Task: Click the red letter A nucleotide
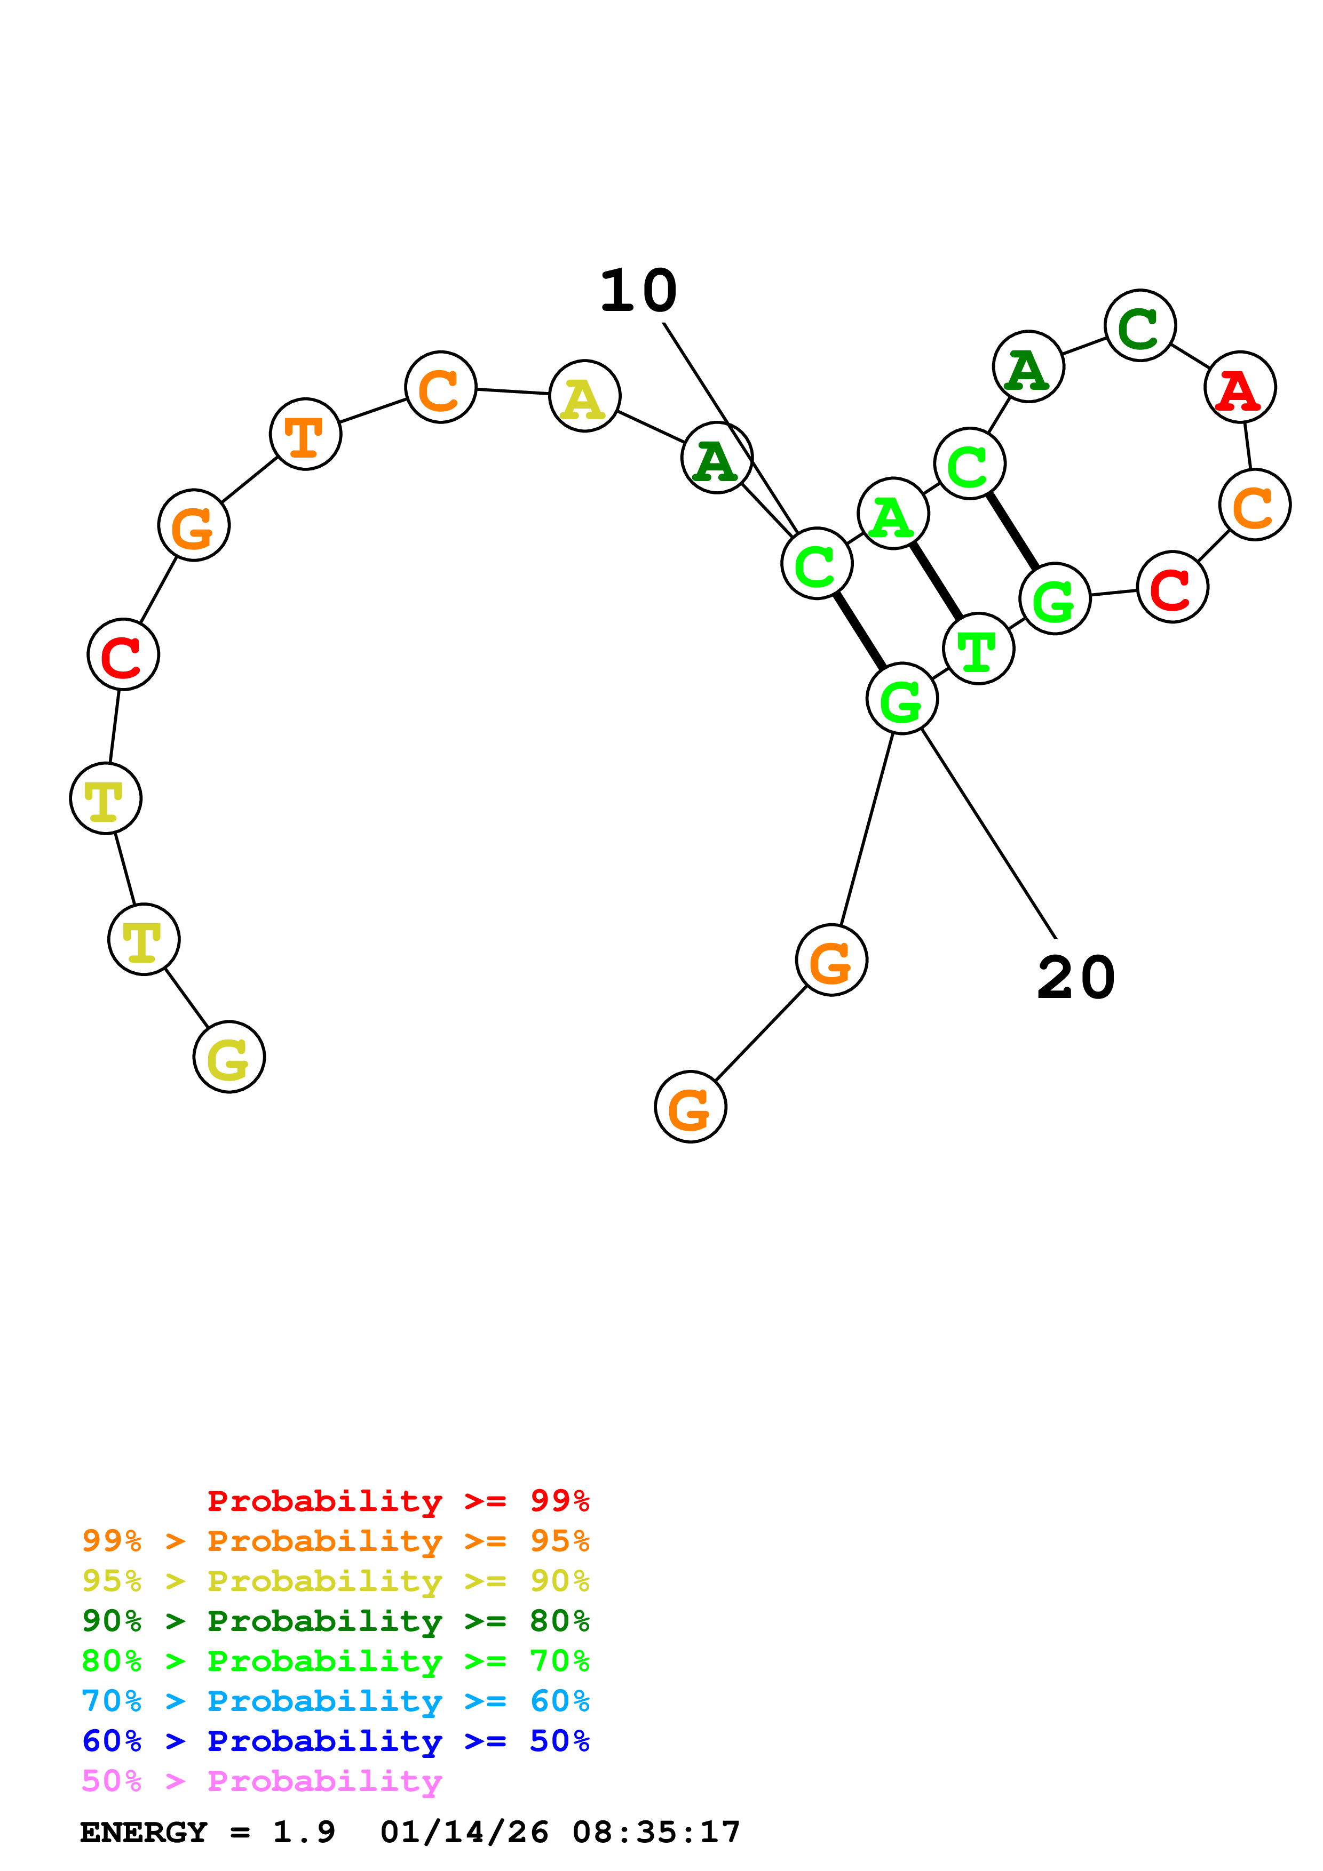(1239, 388)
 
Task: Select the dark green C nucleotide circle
(1139, 326)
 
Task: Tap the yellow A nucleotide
(584, 396)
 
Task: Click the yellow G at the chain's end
(229, 1057)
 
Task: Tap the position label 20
(1075, 978)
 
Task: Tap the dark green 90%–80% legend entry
(335, 1621)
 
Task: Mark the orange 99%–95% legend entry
(335, 1542)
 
